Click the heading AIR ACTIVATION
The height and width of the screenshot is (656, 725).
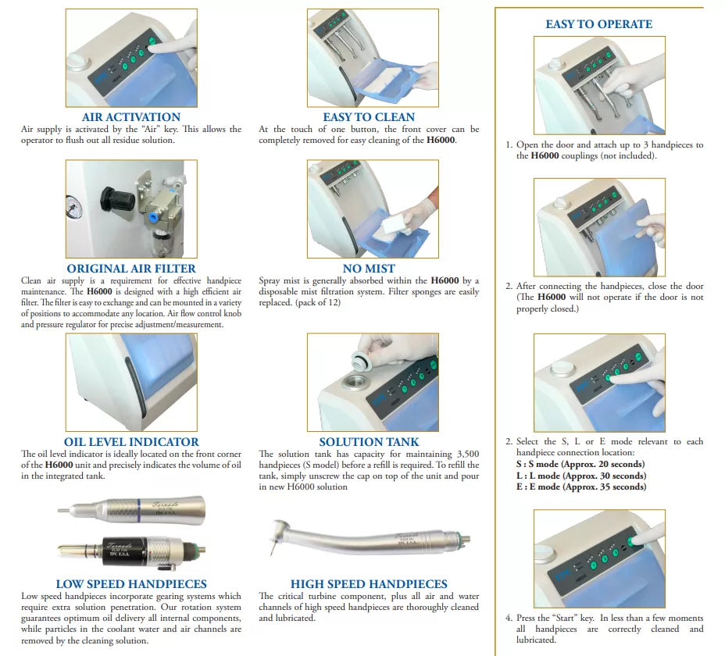(131, 117)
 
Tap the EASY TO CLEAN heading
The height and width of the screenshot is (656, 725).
(369, 117)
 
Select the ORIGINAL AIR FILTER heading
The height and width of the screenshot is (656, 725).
(131, 268)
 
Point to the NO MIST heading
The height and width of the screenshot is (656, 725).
(369, 268)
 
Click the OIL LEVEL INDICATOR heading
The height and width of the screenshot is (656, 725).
(131, 441)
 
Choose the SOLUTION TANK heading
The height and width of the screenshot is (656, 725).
(369, 441)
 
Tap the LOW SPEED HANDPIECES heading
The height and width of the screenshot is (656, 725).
(131, 584)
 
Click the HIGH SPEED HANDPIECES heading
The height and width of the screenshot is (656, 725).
(369, 584)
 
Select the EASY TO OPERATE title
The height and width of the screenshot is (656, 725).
(598, 24)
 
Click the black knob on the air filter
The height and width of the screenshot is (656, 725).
(116, 200)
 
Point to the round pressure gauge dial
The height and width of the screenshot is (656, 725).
(72, 207)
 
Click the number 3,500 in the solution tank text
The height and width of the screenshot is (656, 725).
(467, 454)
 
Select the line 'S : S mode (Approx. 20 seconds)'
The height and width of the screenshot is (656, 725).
(580, 464)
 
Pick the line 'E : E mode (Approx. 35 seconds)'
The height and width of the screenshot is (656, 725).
(581, 487)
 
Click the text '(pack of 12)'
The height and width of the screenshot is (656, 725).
(318, 303)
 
